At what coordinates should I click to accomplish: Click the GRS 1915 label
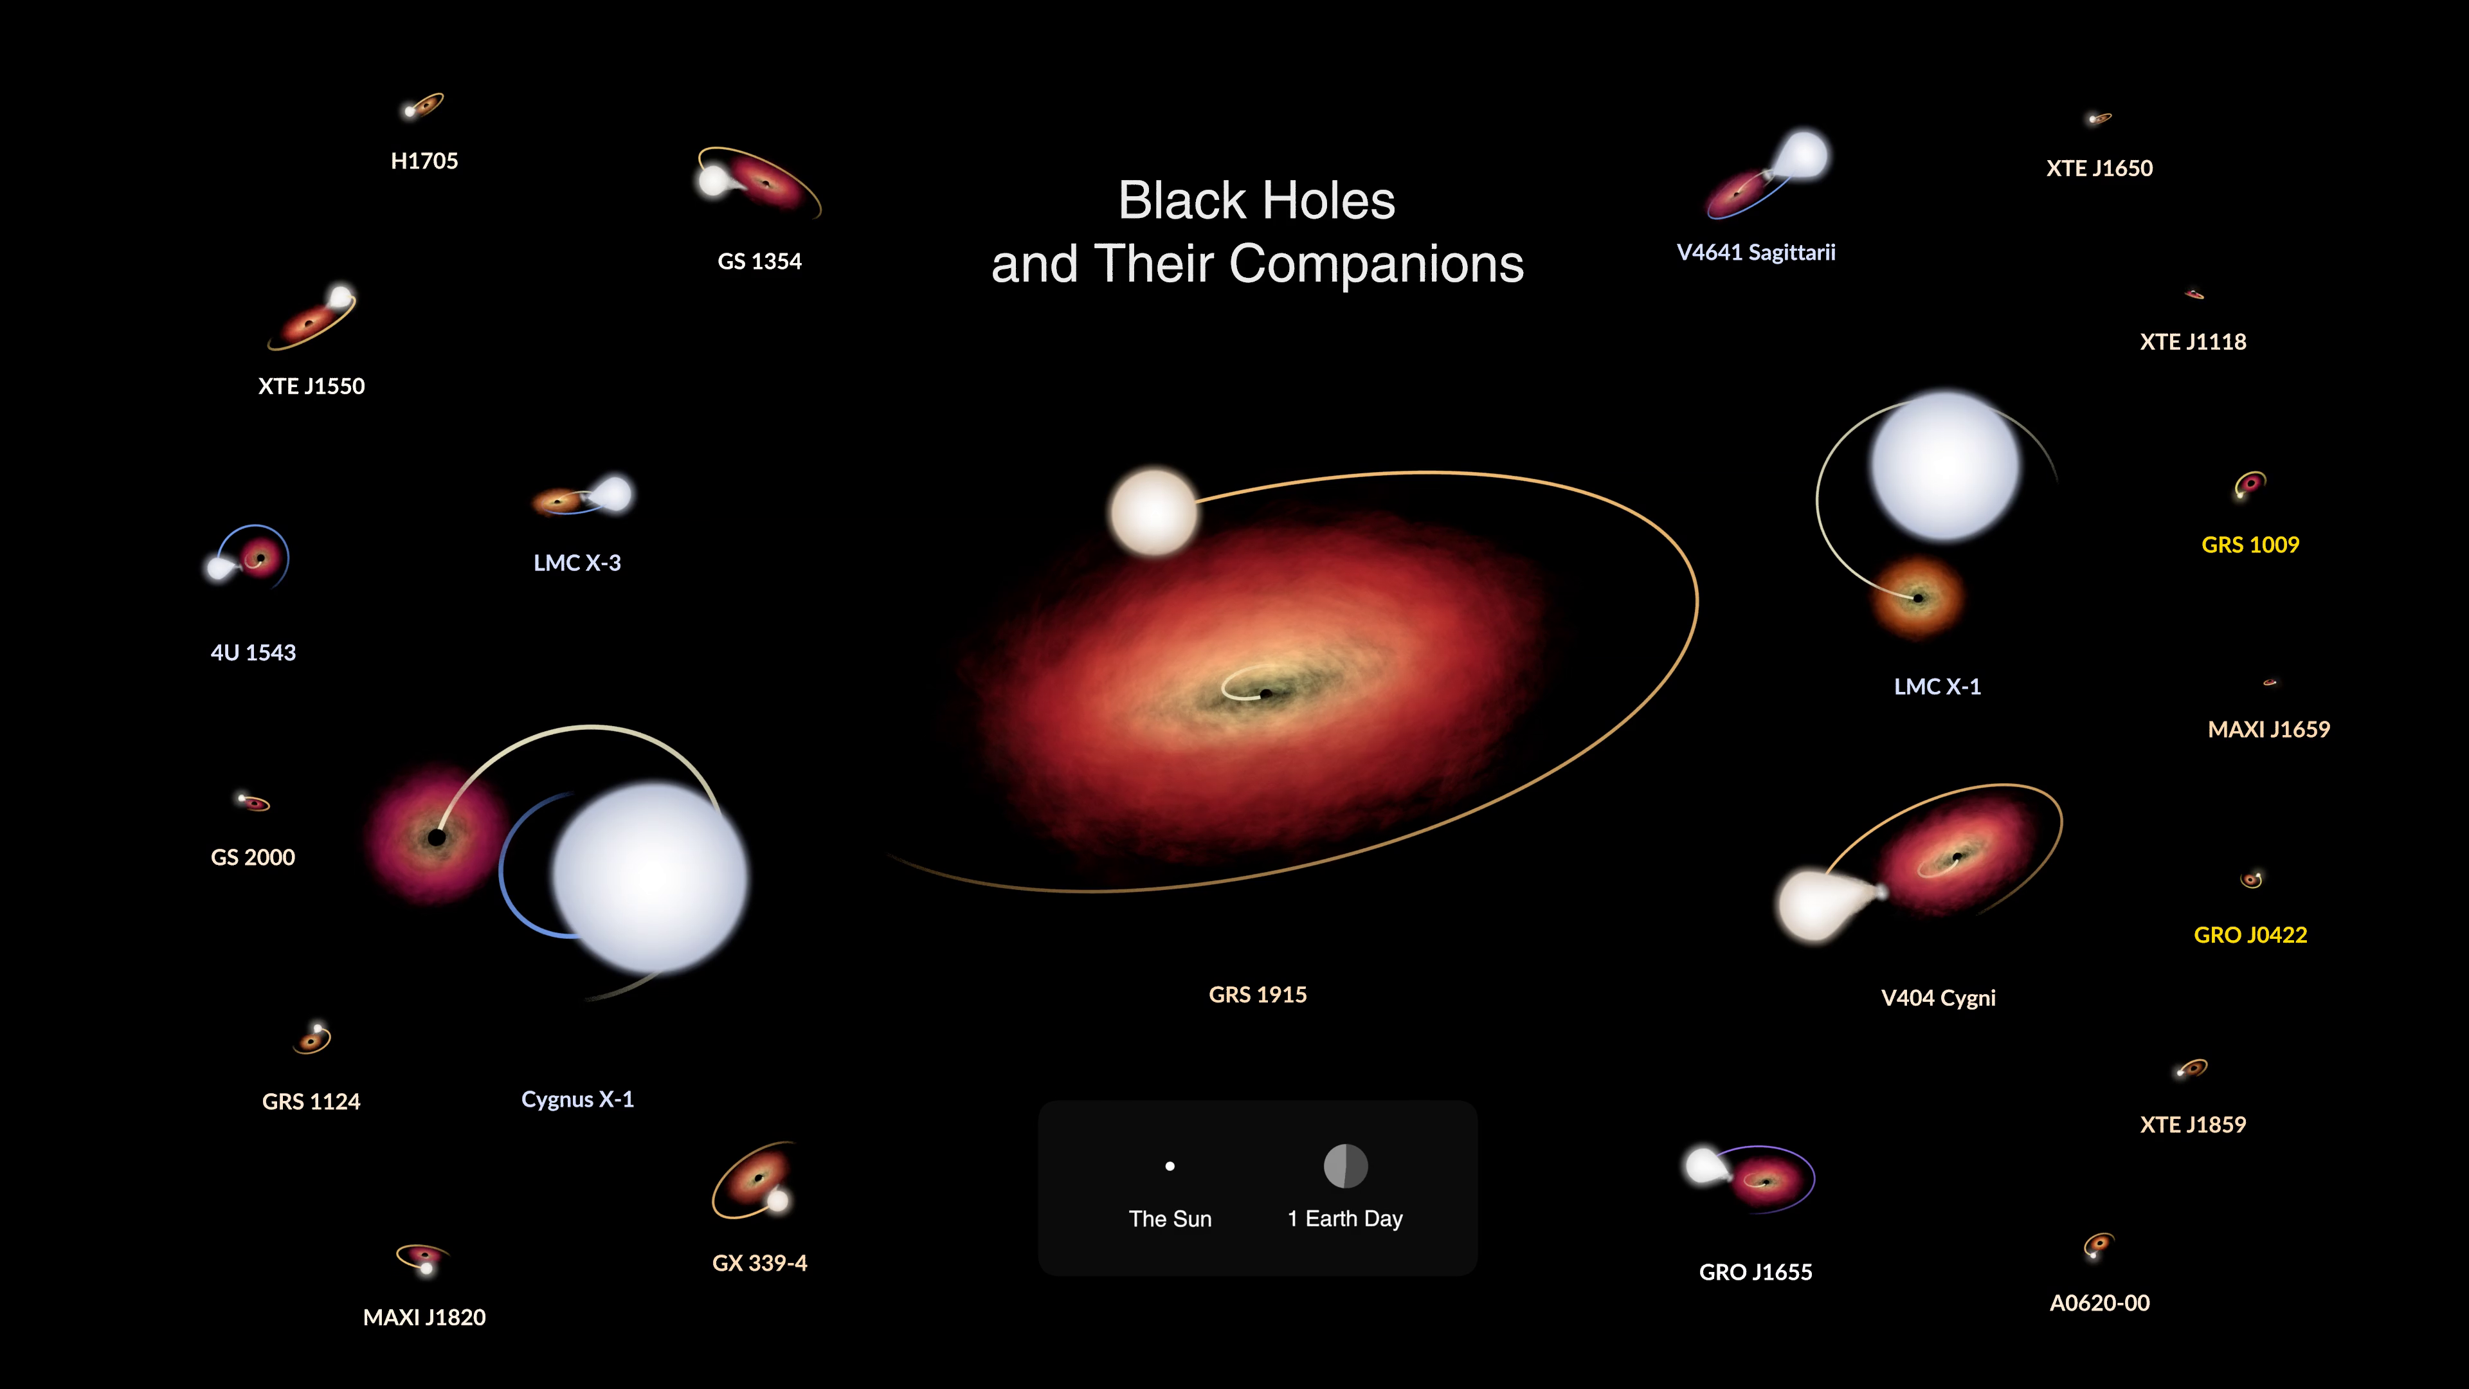click(1258, 995)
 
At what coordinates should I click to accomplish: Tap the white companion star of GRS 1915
click(1154, 512)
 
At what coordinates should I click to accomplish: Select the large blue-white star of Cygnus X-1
click(651, 876)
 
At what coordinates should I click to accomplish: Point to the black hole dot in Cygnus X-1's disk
click(437, 838)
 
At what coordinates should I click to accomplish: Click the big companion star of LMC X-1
click(1946, 466)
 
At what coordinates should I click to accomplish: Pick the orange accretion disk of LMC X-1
click(1918, 597)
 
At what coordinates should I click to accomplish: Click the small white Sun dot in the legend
click(1170, 1167)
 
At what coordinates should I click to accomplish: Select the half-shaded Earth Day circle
click(1346, 1167)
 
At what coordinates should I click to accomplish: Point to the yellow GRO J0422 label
click(2250, 934)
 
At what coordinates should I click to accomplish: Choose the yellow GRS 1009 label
click(2250, 545)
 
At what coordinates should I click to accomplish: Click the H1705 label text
click(424, 161)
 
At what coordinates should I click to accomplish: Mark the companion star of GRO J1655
click(1703, 1165)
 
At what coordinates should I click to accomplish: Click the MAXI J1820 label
click(424, 1317)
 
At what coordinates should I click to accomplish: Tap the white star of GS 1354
click(713, 180)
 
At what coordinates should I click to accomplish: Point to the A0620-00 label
click(2099, 1303)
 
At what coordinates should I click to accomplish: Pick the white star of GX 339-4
click(778, 1199)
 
